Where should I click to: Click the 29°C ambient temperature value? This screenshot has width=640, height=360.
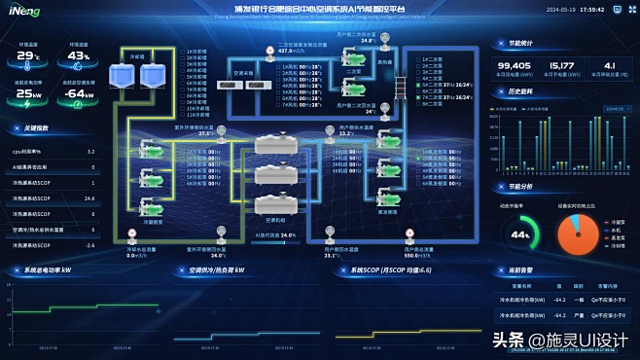(x=29, y=55)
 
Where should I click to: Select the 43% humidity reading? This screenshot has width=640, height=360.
(x=80, y=55)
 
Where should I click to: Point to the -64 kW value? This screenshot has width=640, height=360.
(x=80, y=94)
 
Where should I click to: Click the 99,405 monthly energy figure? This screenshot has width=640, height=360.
(x=513, y=66)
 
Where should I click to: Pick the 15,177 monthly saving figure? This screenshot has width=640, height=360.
(x=561, y=66)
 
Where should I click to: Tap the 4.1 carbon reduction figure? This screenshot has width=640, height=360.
(x=610, y=66)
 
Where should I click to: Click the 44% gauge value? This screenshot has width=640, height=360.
(x=521, y=234)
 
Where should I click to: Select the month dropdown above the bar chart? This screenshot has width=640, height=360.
(x=616, y=109)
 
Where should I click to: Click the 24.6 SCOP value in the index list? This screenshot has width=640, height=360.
(x=89, y=198)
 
